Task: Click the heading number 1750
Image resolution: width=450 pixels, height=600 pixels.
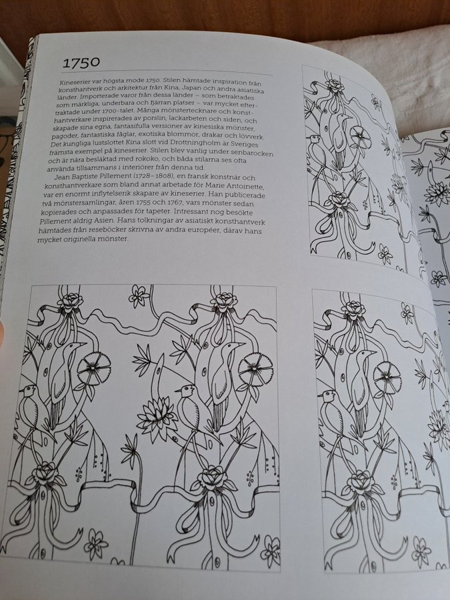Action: tap(81, 63)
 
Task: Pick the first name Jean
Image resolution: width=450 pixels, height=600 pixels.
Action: tap(61, 177)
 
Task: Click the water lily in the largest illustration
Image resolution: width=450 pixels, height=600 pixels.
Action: tap(157, 415)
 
